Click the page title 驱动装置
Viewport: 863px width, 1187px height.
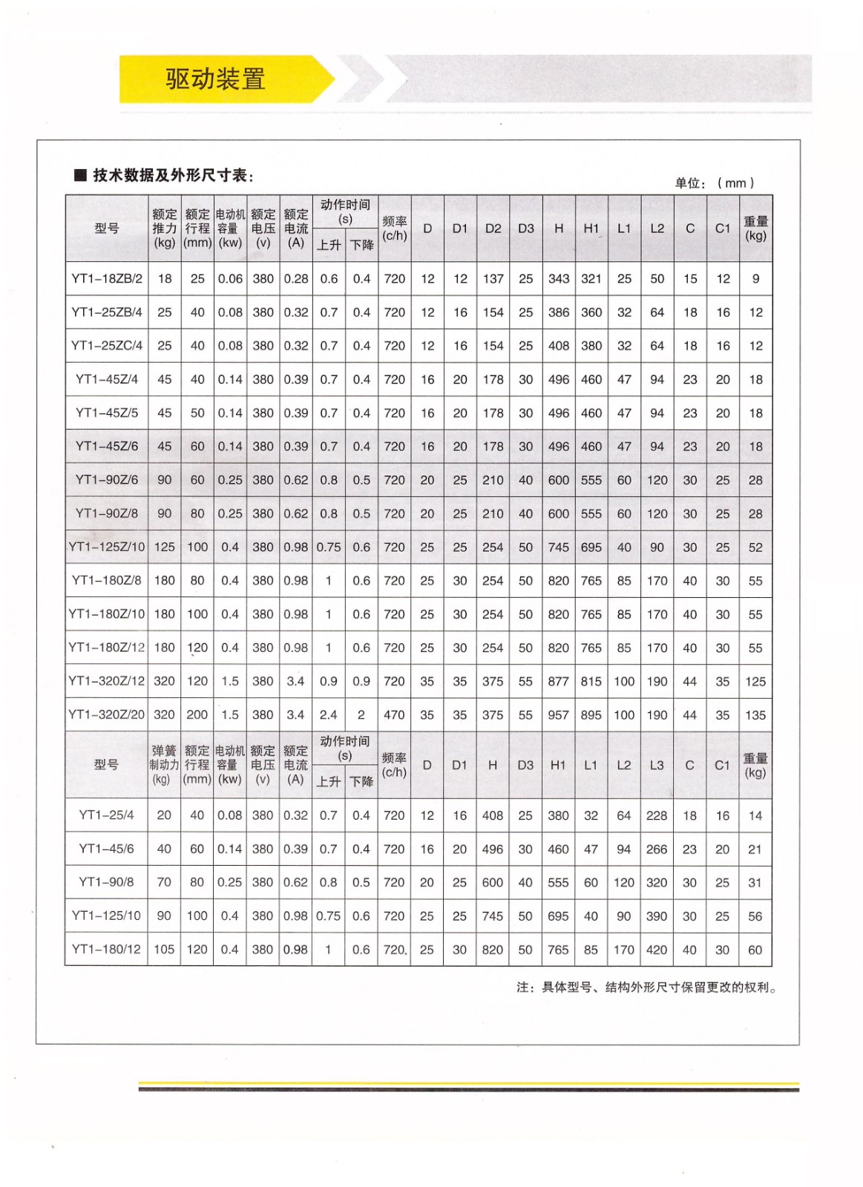click(215, 79)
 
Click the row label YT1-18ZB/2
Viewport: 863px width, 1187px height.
click(107, 279)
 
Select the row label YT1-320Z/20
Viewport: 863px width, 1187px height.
click(107, 714)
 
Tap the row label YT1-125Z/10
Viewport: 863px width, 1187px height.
click(107, 547)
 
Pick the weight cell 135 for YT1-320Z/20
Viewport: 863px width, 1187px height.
click(755, 715)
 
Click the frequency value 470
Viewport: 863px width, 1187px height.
click(394, 715)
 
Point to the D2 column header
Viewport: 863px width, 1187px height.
click(493, 228)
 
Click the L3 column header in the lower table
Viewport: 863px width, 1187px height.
click(657, 765)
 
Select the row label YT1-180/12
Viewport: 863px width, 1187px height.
click(106, 949)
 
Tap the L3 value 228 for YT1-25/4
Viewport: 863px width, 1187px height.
click(657, 815)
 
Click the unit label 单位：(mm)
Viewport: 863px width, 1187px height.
click(714, 183)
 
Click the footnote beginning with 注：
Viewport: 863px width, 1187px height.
click(646, 987)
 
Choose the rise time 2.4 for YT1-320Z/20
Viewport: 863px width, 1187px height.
click(328, 715)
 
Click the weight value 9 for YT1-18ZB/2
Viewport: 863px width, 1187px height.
click(755, 279)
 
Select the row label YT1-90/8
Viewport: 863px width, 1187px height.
click(106, 882)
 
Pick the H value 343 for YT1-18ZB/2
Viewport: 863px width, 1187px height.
click(559, 279)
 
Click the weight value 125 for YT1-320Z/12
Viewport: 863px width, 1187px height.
click(755, 681)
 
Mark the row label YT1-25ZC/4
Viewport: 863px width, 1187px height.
click(107, 346)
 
